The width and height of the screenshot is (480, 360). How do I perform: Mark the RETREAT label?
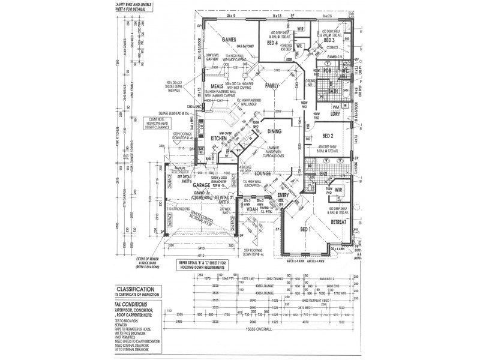point(340,221)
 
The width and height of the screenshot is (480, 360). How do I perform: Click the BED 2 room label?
point(327,136)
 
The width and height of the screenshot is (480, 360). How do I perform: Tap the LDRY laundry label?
point(335,113)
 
